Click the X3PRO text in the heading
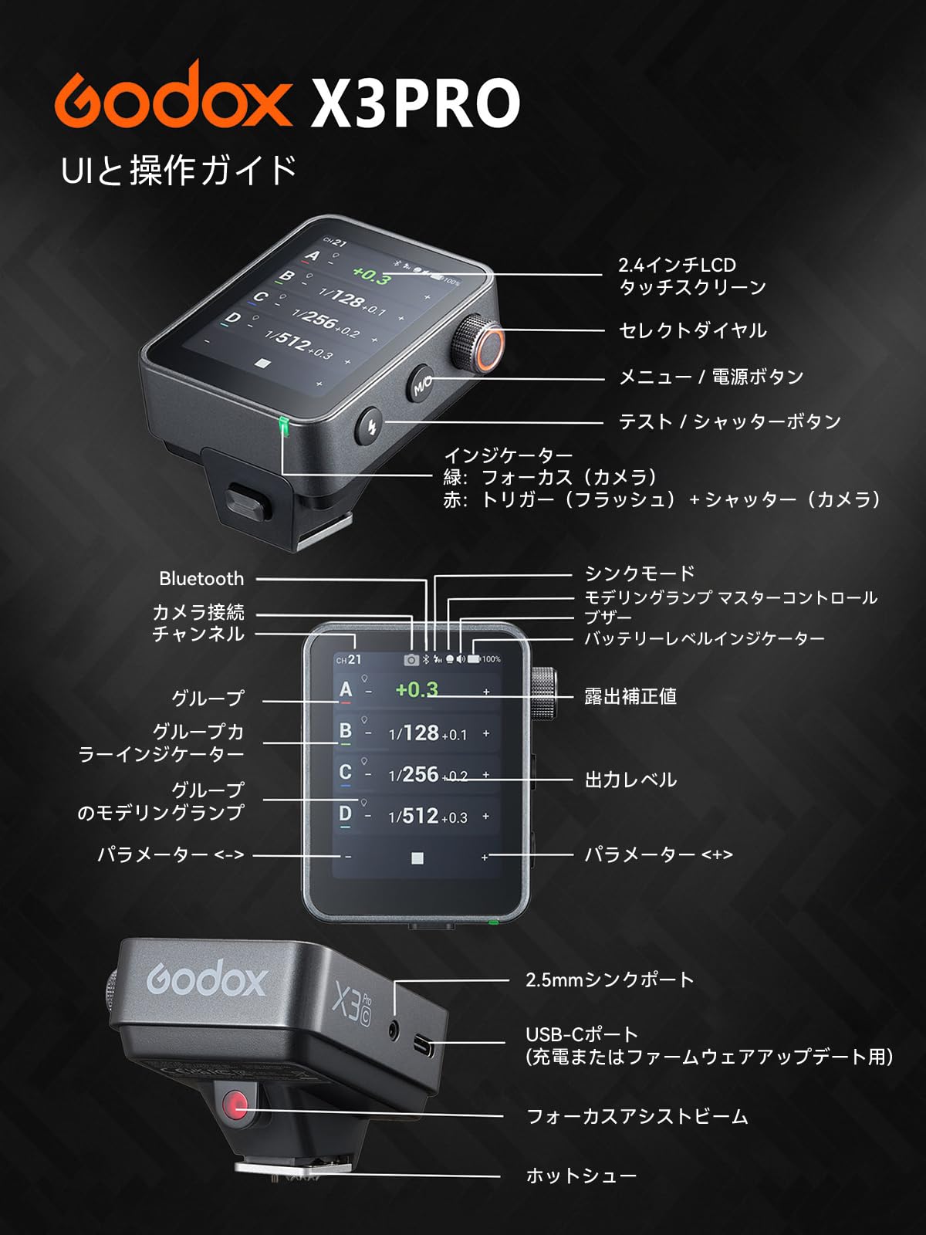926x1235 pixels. [x=415, y=103]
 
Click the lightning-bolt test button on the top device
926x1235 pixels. [x=371, y=426]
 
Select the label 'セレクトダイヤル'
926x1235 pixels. [x=692, y=330]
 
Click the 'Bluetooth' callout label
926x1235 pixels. [x=201, y=579]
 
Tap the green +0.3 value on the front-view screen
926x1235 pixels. [x=417, y=689]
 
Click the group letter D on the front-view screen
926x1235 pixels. [x=345, y=814]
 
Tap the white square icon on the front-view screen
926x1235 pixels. [x=417, y=858]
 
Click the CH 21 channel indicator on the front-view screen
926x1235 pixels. [x=349, y=659]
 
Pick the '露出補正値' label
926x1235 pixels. [x=630, y=696]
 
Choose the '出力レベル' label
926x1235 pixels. [x=630, y=780]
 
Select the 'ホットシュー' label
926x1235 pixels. [x=581, y=1176]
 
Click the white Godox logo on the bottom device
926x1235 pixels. [x=207, y=981]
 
